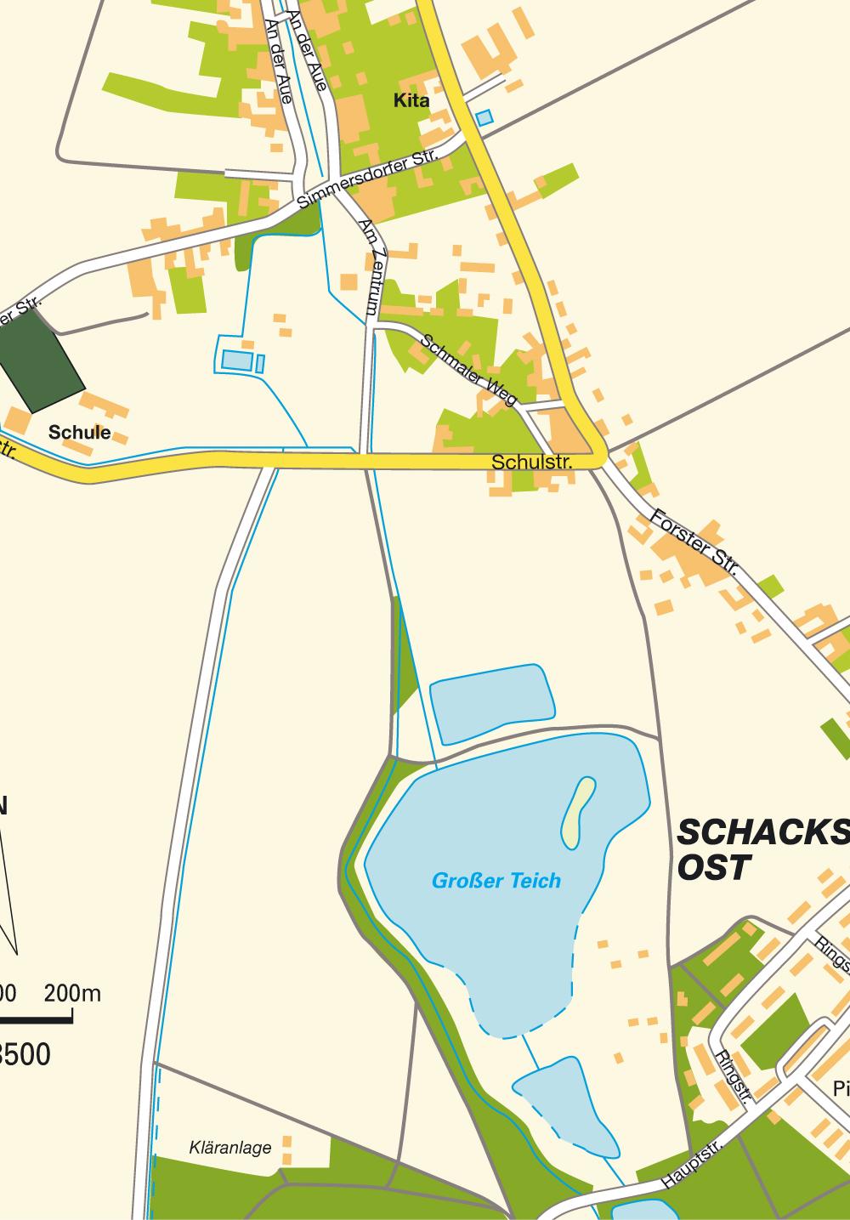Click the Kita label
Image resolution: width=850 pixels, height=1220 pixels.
click(x=411, y=101)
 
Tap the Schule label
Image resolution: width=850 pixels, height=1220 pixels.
click(x=79, y=432)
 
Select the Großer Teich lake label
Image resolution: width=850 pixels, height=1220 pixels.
click(x=496, y=881)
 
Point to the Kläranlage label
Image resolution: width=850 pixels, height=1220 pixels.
click(x=230, y=1148)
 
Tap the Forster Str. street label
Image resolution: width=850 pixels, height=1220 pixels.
click(x=694, y=542)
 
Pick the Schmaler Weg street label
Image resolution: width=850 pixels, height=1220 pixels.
click(x=468, y=370)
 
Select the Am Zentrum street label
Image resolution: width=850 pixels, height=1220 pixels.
click(x=373, y=268)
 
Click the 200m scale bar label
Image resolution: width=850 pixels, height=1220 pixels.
click(x=72, y=992)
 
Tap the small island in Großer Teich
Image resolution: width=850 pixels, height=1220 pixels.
click(x=578, y=811)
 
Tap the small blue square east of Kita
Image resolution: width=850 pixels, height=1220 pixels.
click(x=484, y=118)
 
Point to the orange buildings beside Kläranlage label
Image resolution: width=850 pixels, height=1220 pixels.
click(x=286, y=1149)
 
